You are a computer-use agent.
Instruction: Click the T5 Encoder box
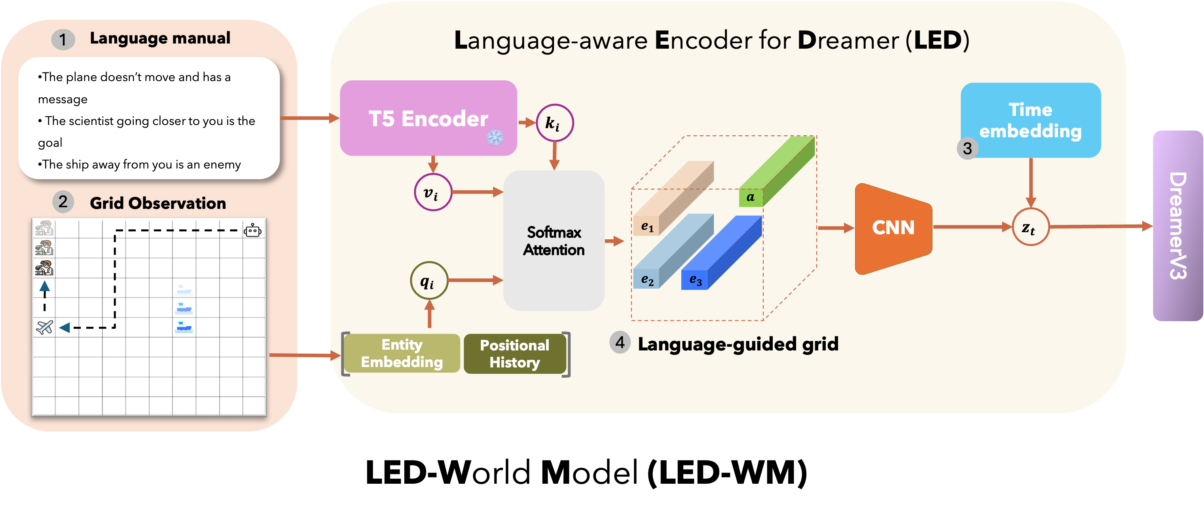tap(428, 118)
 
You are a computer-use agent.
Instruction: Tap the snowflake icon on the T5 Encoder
tap(495, 137)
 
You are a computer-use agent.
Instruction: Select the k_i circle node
tap(554, 123)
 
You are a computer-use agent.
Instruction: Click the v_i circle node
tap(433, 192)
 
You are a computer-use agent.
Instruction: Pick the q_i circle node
tap(429, 281)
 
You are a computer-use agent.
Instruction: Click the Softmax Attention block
tap(554, 240)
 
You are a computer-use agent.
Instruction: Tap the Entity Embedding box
tap(402, 353)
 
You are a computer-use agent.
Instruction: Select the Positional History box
tap(515, 354)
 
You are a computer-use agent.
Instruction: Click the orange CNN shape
tap(893, 228)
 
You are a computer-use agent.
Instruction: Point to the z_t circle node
tap(1030, 227)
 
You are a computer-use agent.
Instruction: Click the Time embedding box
tap(1030, 120)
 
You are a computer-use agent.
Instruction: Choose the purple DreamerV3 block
tap(1177, 226)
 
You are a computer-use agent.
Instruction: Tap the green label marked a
tap(751, 197)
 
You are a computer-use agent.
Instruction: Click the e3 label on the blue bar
tap(695, 280)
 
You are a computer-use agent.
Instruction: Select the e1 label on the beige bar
tap(647, 227)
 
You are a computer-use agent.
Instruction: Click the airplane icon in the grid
tap(44, 327)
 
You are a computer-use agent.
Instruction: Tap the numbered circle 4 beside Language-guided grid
tap(620, 343)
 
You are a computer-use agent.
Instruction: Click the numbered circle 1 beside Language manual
tap(63, 39)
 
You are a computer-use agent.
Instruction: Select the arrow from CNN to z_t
tap(972, 227)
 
